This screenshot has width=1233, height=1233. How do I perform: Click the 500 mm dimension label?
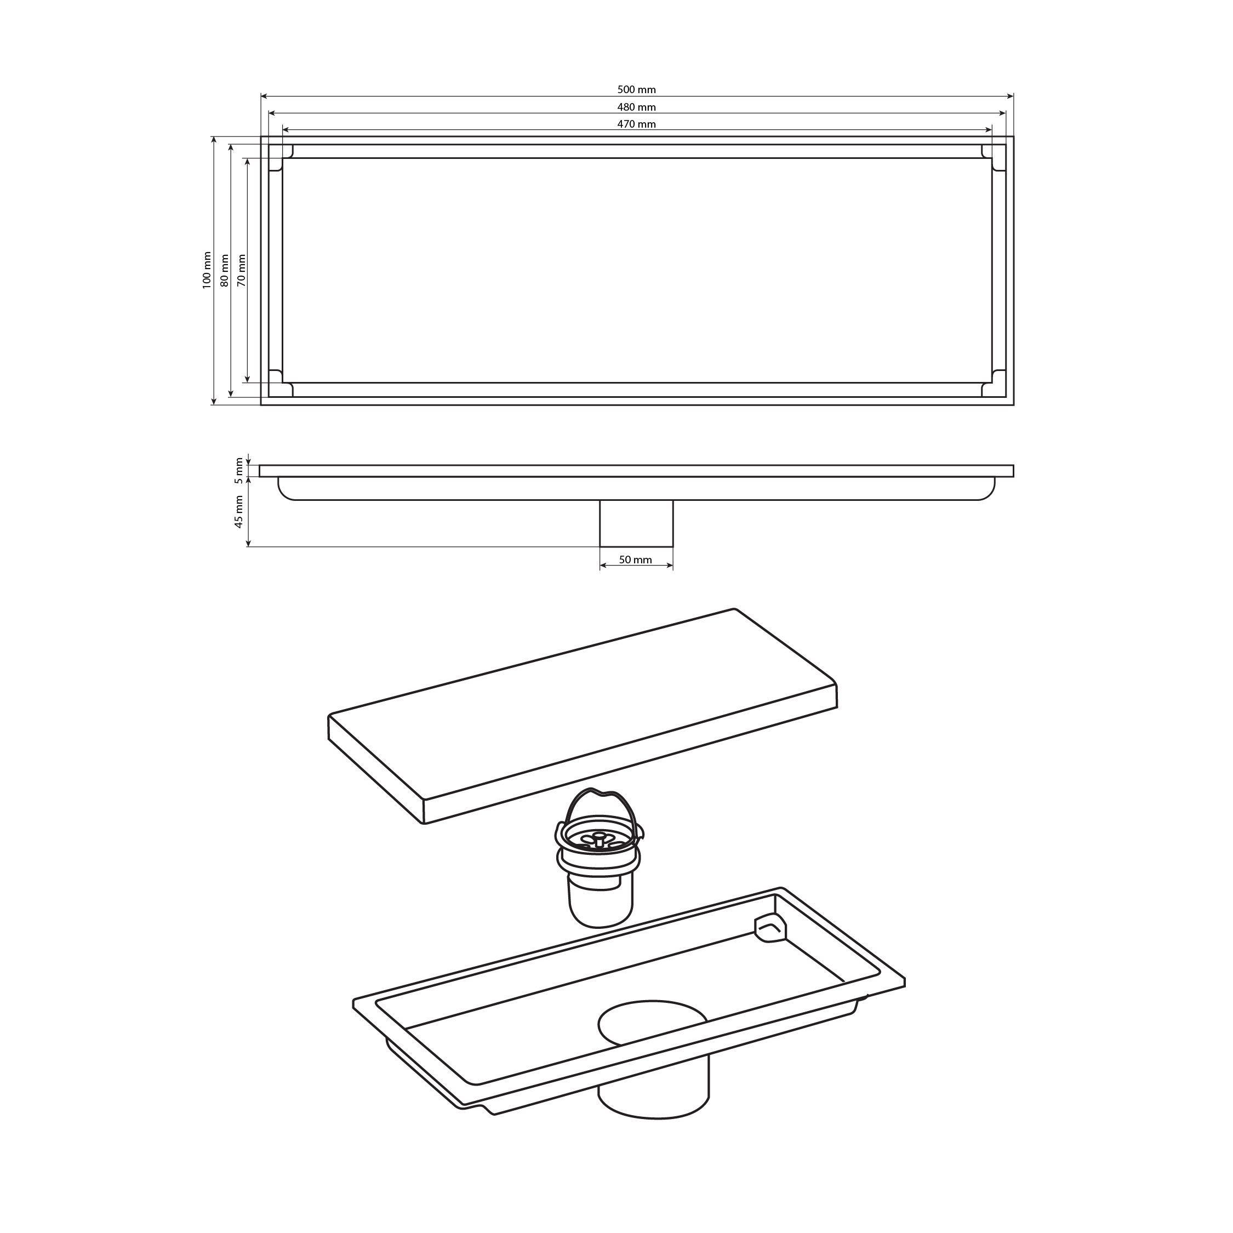tap(636, 90)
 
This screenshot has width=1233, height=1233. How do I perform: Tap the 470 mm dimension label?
tap(636, 124)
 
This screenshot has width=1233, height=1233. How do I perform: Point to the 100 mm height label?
tap(207, 270)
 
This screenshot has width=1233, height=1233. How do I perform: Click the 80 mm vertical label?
tap(224, 271)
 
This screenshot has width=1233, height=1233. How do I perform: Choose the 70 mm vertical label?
tap(241, 271)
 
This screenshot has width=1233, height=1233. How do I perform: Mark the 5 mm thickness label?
tap(239, 470)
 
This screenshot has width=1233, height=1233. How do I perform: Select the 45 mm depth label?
tap(239, 512)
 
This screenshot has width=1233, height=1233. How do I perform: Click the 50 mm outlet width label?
tap(636, 560)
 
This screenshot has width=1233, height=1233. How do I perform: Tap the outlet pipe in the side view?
tap(636, 523)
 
